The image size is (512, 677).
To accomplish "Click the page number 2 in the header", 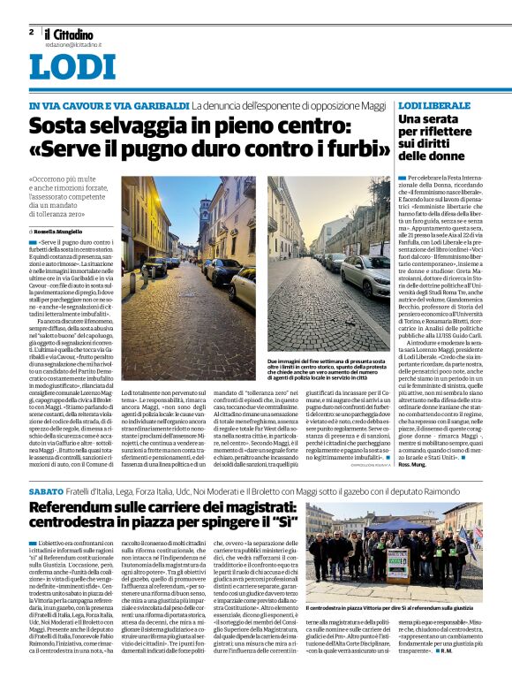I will tap(31, 32).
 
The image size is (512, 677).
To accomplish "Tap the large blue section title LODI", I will tap(72, 66).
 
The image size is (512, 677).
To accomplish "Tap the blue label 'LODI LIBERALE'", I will tap(434, 105).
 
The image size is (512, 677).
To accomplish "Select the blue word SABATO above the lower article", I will tap(45, 490).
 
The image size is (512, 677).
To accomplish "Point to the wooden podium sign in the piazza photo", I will tap(397, 560).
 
